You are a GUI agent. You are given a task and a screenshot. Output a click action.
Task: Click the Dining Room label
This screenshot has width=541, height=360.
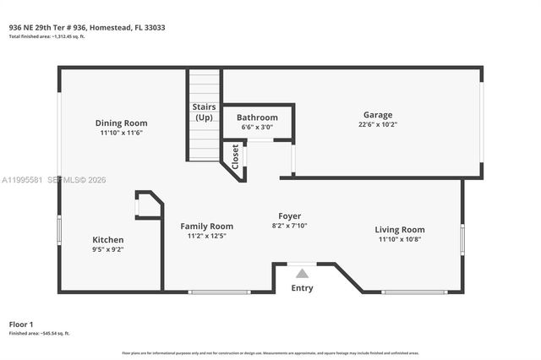pos(122,123)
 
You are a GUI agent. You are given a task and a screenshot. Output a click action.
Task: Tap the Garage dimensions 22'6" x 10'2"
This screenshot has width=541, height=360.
pos(377,124)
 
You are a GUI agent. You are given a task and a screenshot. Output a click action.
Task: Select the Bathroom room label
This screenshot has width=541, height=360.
pos(257,117)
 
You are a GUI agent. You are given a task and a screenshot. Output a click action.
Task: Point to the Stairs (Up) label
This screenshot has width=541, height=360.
pos(204,112)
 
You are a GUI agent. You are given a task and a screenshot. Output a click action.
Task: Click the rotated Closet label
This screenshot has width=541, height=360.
pos(235,156)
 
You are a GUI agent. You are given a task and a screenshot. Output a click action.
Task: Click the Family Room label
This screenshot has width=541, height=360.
pos(206,226)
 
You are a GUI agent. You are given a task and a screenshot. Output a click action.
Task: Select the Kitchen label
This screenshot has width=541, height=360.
pos(107,240)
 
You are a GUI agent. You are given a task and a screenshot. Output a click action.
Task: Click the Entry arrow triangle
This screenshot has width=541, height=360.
pos(302,273)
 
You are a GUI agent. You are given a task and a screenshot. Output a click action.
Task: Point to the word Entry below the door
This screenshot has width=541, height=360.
pos(302,288)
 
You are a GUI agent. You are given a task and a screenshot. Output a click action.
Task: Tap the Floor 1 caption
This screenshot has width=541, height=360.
pos(21,325)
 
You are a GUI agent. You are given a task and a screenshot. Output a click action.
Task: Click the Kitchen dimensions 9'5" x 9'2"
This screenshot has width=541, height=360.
pos(107,250)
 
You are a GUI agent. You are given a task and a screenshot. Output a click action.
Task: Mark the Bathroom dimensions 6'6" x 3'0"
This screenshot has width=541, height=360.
pos(257,127)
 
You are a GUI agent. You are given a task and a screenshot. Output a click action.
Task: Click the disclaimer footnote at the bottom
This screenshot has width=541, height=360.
pos(270,352)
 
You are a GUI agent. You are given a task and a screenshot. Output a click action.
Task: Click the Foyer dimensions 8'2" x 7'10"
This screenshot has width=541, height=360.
pos(289,226)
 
